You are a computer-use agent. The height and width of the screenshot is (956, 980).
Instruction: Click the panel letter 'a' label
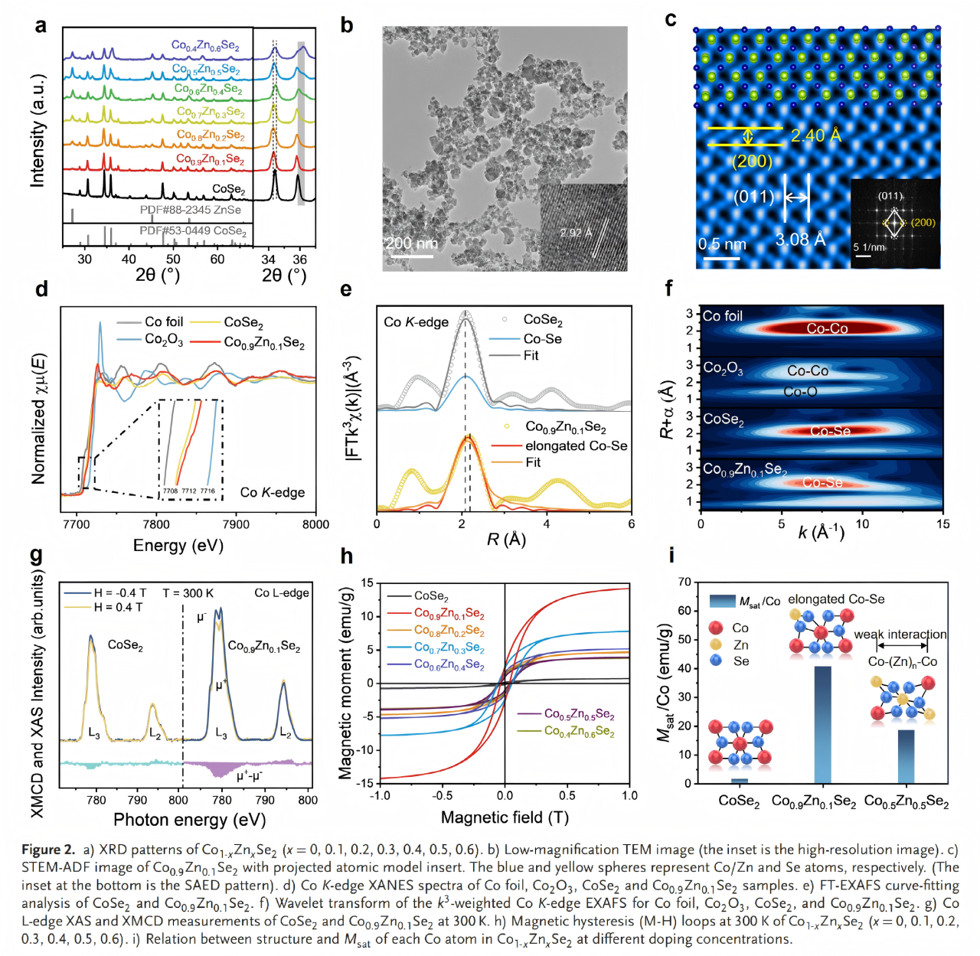40,25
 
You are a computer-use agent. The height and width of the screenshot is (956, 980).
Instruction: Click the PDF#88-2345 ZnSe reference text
191,210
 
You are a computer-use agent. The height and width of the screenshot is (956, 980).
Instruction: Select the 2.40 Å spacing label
816,136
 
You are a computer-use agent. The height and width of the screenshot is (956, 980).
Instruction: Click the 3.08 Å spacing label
801,240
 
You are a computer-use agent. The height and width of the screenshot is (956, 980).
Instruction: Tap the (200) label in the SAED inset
923,223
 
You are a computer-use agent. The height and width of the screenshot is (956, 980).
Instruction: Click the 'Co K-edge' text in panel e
416,322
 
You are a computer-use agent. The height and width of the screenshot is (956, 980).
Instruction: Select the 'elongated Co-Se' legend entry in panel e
576,446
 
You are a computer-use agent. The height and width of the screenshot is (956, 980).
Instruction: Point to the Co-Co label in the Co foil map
827,328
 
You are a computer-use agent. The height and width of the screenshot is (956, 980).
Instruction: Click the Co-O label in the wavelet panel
800,391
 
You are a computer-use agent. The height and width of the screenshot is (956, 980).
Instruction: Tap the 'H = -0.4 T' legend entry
119,592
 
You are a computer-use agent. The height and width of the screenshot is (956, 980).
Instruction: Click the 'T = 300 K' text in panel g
188,592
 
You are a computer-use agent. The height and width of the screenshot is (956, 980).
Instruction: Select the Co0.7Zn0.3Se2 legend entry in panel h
449,648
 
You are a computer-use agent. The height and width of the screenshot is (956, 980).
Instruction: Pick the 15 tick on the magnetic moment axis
367,583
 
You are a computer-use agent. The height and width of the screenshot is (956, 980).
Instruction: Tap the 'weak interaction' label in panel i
900,635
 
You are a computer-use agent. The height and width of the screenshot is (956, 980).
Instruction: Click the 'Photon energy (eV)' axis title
189,820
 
